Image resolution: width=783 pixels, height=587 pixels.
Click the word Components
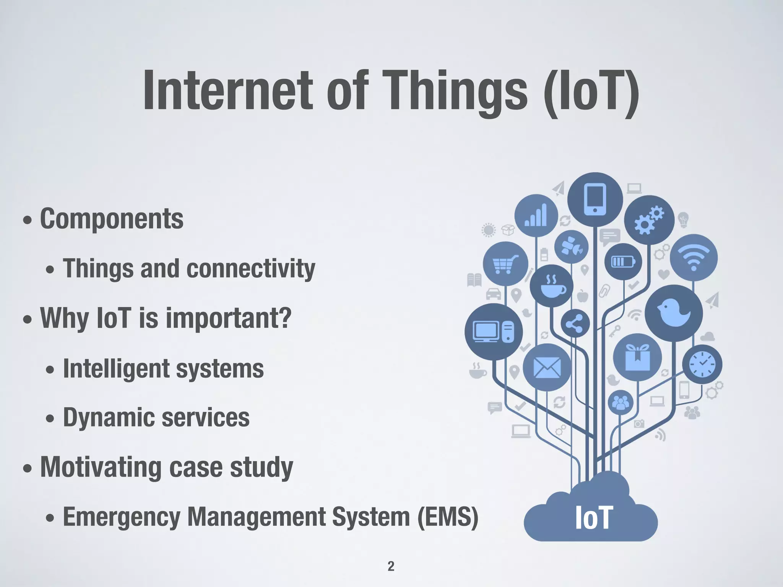112,219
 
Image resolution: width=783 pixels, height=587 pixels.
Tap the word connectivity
251,269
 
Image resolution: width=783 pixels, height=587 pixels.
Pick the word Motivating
100,467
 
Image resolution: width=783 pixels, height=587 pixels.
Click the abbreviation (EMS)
448,517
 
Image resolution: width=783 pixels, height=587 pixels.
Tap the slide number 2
391,566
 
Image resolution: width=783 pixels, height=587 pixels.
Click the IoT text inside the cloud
594,518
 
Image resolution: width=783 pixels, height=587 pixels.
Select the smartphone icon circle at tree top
595,199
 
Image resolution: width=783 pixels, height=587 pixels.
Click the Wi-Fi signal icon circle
694,258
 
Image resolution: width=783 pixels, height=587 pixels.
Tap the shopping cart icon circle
505,264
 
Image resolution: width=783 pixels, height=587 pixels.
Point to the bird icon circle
674,313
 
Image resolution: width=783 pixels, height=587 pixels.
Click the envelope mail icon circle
547,367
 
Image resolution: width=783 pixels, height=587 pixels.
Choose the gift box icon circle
637,357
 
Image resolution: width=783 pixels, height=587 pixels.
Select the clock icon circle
702,364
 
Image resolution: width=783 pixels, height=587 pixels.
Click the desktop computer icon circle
494,331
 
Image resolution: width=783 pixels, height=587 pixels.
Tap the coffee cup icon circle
551,285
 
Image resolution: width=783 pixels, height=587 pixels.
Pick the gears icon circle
649,220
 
